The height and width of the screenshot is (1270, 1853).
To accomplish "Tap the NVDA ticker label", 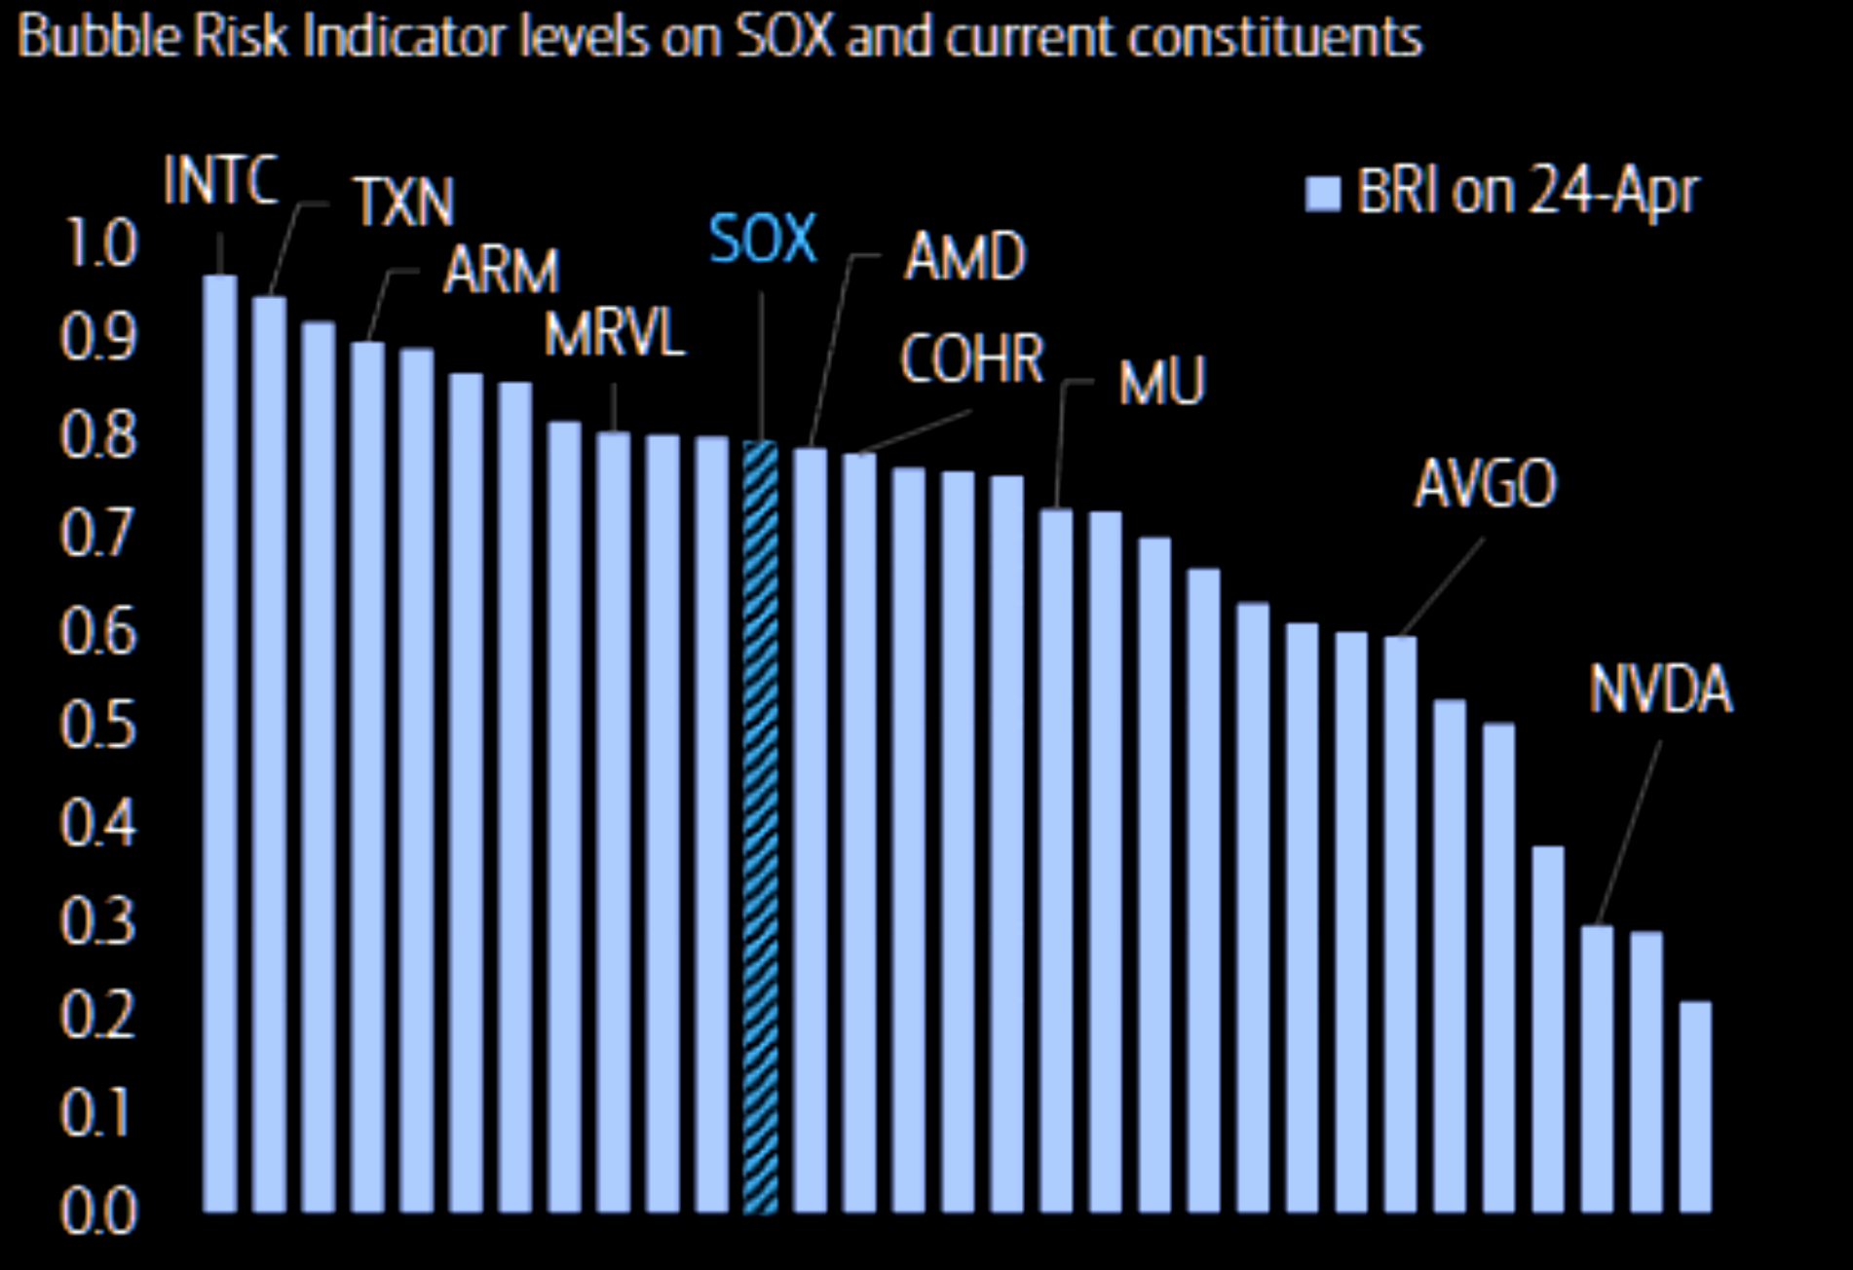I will [1660, 690].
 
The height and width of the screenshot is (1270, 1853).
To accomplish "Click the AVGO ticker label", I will [1486, 483].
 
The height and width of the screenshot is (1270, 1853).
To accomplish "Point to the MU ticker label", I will [1161, 382].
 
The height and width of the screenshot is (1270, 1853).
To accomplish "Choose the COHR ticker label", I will [971, 358].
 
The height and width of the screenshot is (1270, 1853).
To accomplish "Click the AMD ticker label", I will [964, 257].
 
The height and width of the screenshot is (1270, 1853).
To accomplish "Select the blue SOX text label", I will [762, 240].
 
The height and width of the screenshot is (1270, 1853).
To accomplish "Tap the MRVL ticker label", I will [614, 335].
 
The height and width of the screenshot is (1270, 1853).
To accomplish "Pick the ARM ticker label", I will [501, 271].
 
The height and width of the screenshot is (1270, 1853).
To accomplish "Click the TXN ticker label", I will [403, 203].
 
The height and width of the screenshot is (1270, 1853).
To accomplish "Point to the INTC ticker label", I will [220, 180].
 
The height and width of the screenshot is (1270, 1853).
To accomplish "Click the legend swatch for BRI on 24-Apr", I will [1323, 194].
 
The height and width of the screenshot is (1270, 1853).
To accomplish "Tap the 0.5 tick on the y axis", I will [97, 726].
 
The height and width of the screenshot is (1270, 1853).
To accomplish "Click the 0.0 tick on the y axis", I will [97, 1212].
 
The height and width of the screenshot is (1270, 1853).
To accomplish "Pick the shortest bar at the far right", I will [1695, 1106].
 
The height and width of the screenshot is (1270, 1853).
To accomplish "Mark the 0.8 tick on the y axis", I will [97, 435].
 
